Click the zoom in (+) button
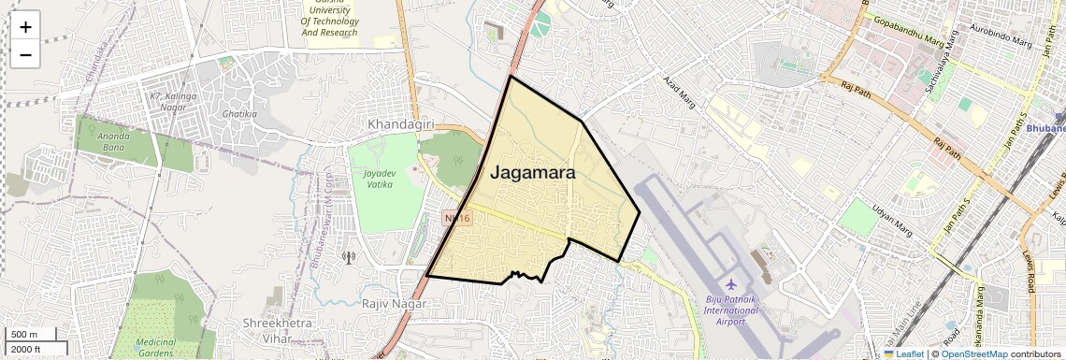pos(25,26)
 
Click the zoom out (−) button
pos(25,54)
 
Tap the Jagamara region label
pos(533,173)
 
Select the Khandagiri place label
pos(401,124)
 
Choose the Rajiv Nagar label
pos(394,304)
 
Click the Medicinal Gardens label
pos(155,348)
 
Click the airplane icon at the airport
pos(730,284)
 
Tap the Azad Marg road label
pos(680,93)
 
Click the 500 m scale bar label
pos(24,334)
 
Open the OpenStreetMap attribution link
pos(973,353)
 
